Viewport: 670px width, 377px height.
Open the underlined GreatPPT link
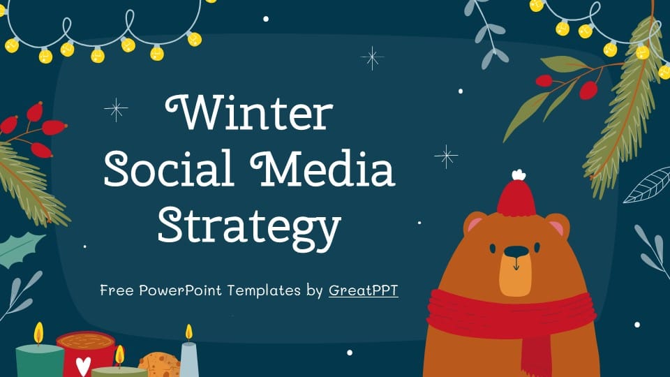coord(363,290)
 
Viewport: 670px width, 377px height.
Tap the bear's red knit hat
coord(516,198)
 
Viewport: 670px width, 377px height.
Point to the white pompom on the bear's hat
coord(517,175)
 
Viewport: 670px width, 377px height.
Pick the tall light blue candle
coord(189,359)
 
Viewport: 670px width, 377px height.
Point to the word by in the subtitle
coord(314,290)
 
